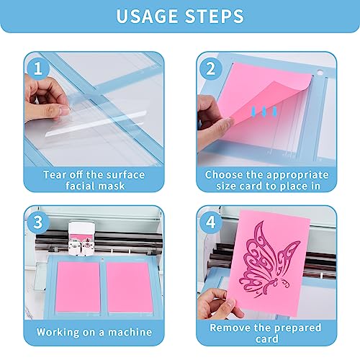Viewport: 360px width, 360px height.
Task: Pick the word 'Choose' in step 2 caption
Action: (228, 175)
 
